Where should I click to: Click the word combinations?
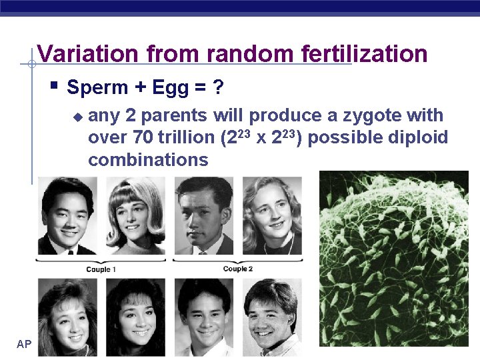click(x=148, y=160)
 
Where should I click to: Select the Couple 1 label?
click(x=101, y=269)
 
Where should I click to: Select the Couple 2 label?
click(x=238, y=269)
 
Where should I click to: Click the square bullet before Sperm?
click(x=55, y=86)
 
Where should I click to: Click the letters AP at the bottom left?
click(x=24, y=344)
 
